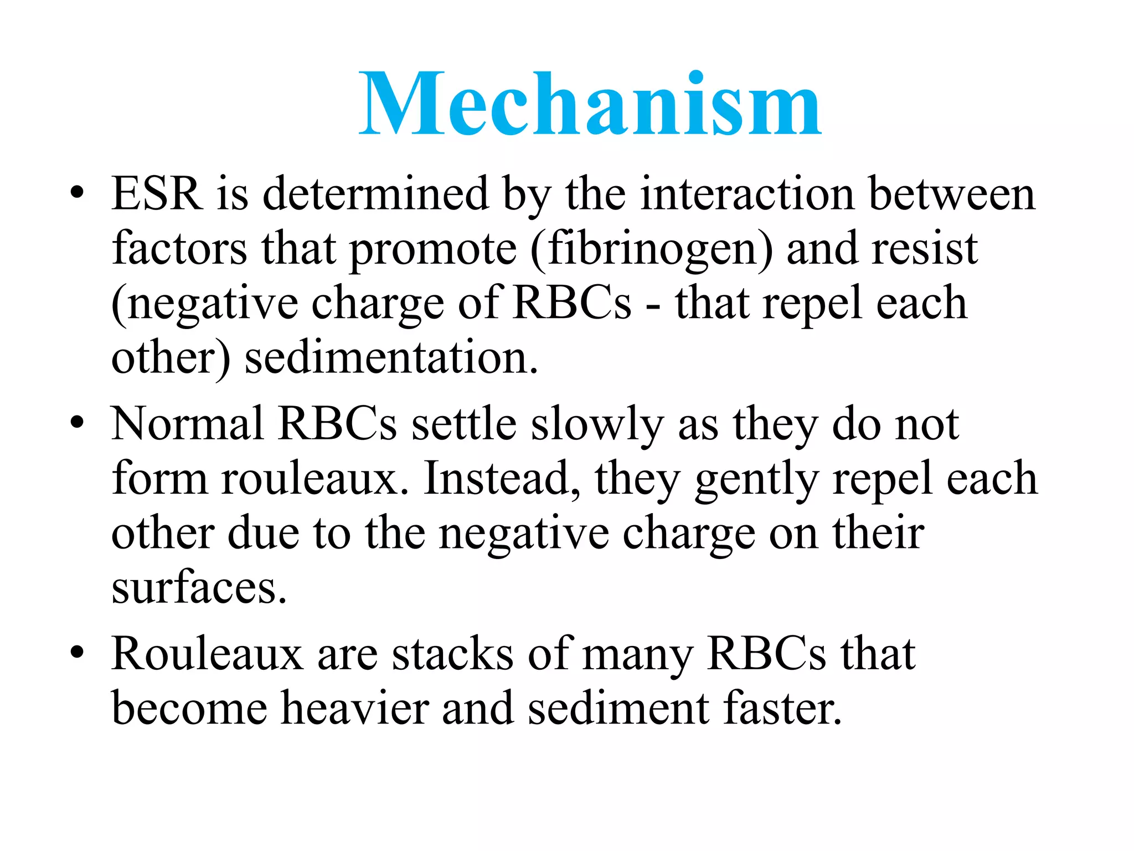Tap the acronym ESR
156,194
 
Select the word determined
375,194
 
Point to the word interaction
747,194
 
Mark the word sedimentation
391,358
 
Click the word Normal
187,424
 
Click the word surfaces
199,587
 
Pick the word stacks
452,654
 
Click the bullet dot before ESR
77,194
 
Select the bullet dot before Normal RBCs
77,424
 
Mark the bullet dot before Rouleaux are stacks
77,654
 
